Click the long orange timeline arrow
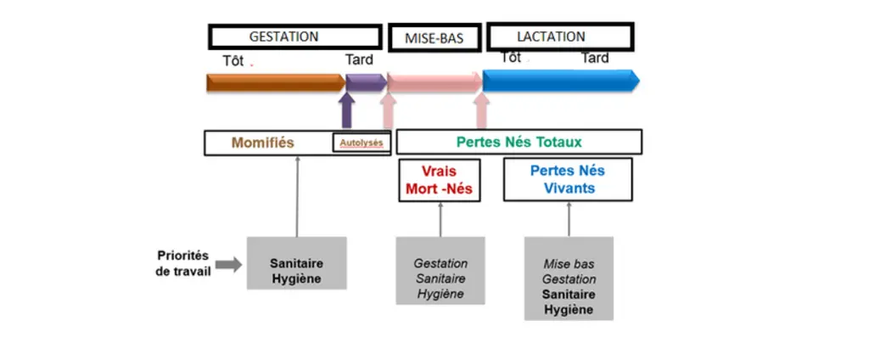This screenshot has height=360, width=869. [x=276, y=82]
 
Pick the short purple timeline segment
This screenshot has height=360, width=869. [x=367, y=82]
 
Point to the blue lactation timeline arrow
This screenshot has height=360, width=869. [x=561, y=81]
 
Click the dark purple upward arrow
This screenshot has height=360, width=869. [x=347, y=111]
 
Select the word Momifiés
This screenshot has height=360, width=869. [x=263, y=143]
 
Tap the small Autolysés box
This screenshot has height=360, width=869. [x=362, y=143]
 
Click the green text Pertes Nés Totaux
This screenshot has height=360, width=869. [x=519, y=142]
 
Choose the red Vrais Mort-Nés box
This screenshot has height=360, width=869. [x=440, y=180]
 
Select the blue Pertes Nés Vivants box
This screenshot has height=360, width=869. [x=568, y=179]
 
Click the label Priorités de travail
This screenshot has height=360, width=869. [x=183, y=264]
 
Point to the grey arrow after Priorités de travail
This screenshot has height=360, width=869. [x=228, y=265]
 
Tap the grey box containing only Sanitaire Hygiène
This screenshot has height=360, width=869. [x=296, y=263]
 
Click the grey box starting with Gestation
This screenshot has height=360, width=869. [x=440, y=271]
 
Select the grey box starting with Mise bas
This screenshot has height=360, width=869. [x=569, y=278]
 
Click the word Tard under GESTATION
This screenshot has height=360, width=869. [x=359, y=59]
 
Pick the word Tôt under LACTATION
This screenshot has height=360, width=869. [x=511, y=57]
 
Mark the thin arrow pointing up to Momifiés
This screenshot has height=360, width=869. [x=297, y=196]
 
